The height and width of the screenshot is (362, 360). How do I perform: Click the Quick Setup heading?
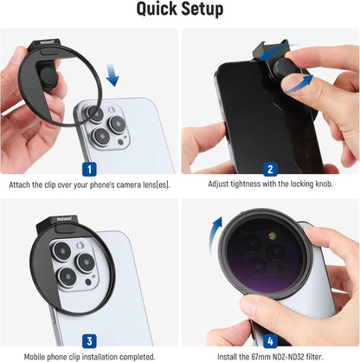coord(180,11)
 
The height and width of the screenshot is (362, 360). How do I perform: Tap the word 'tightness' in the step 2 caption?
coord(240,184)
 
